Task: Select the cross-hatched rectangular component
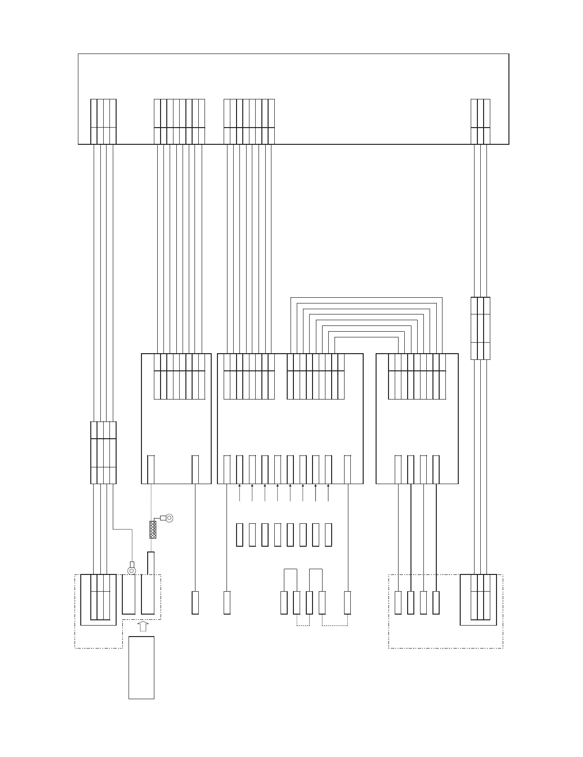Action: click(153, 530)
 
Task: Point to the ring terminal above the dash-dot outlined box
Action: click(131, 569)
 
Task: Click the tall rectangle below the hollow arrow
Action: click(141, 667)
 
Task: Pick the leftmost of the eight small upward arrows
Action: click(239, 493)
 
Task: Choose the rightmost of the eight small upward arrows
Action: click(329, 493)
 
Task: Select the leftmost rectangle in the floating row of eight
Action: click(239, 535)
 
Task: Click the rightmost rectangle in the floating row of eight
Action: click(328, 535)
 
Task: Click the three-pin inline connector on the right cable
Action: click(480, 328)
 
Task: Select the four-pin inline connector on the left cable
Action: click(103, 452)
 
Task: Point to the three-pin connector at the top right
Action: click(480, 121)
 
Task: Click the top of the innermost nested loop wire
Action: click(367, 337)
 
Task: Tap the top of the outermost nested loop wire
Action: click(367, 297)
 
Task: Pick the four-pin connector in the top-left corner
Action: click(103, 121)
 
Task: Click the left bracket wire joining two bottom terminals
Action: click(291, 570)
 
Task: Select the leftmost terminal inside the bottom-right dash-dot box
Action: click(398, 603)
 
